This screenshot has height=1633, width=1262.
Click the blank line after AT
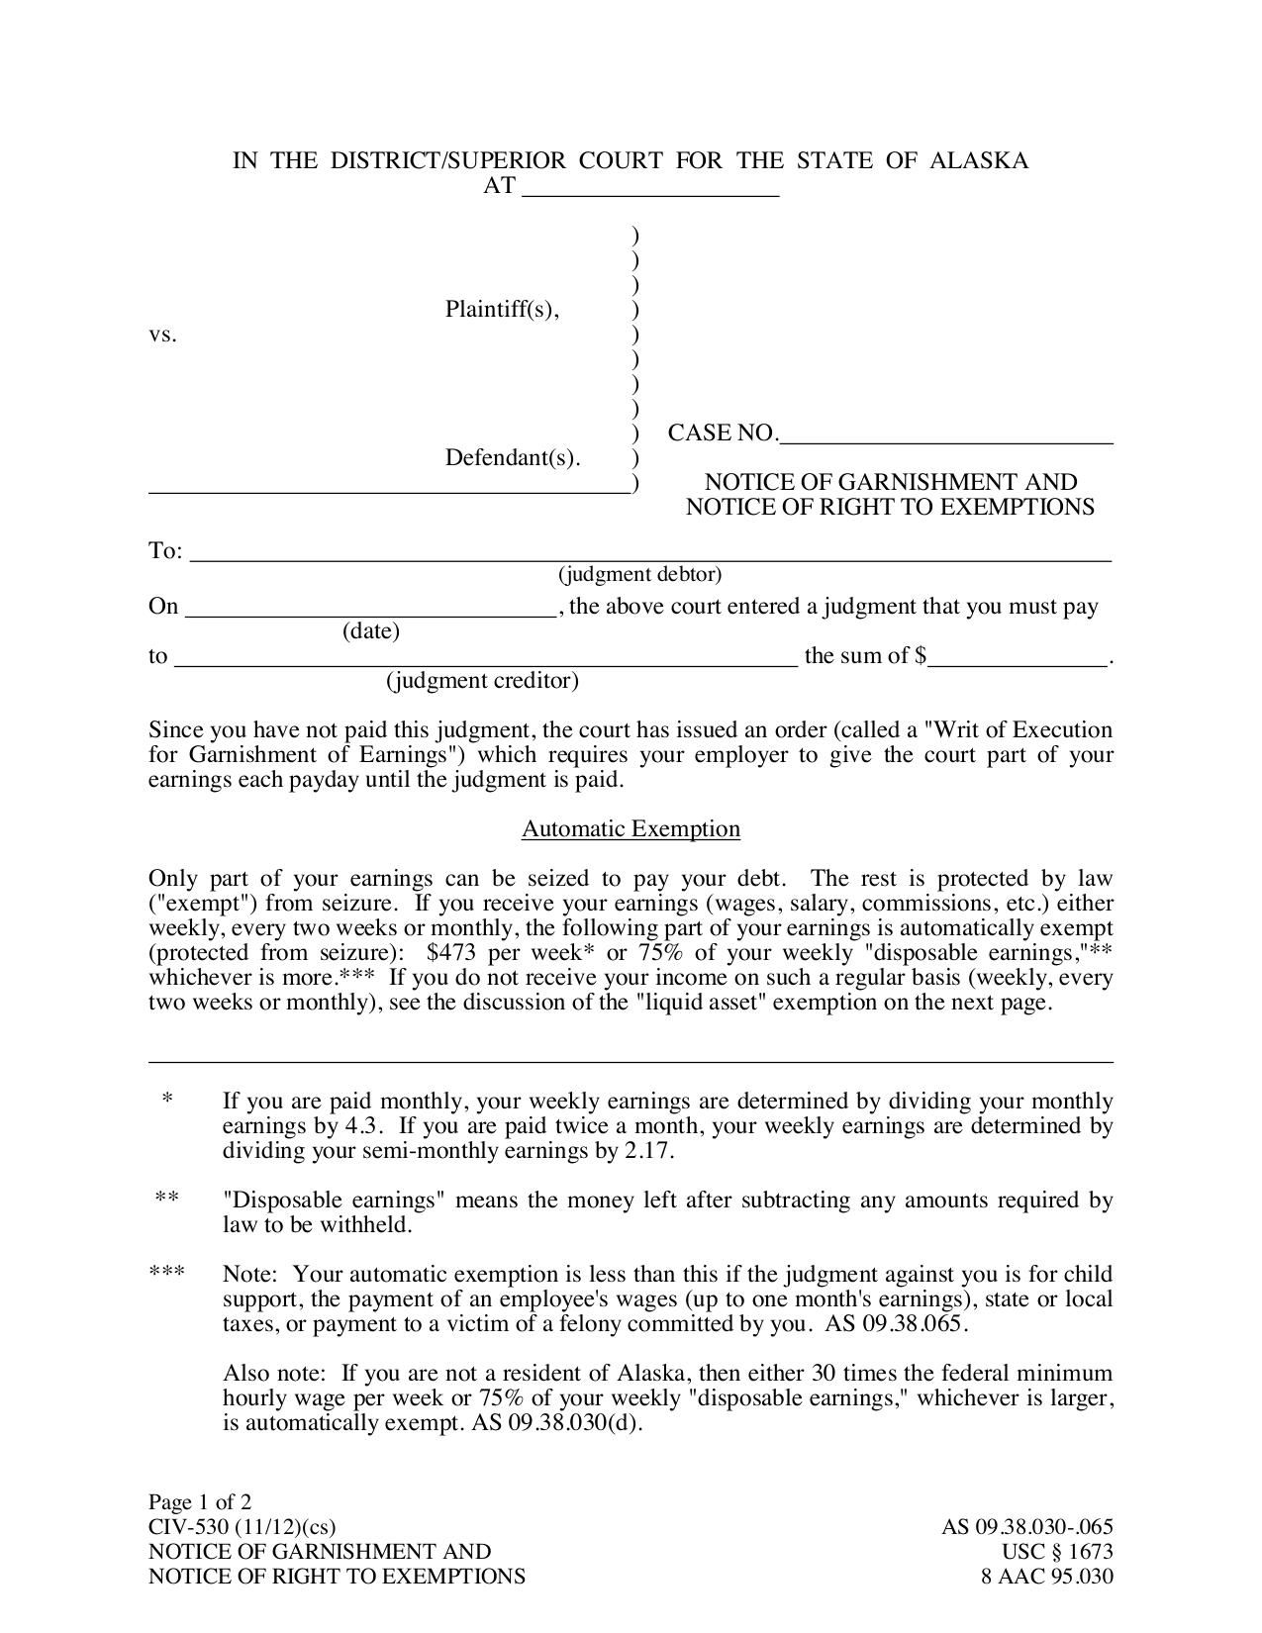650,188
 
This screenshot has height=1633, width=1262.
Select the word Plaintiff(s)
502,310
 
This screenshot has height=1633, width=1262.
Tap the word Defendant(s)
512,458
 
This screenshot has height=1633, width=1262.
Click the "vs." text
162,335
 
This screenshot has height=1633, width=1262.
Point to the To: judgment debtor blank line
649,553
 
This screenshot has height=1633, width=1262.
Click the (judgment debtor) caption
639,575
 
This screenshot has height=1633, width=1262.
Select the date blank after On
371,609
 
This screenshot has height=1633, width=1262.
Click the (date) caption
371,631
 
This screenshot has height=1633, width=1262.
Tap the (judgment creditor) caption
482,681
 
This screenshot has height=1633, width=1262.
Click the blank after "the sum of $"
1017,658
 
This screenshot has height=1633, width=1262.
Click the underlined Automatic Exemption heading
631,829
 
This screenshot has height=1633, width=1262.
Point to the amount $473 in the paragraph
454,953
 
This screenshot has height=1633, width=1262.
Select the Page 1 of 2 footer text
200,1501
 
